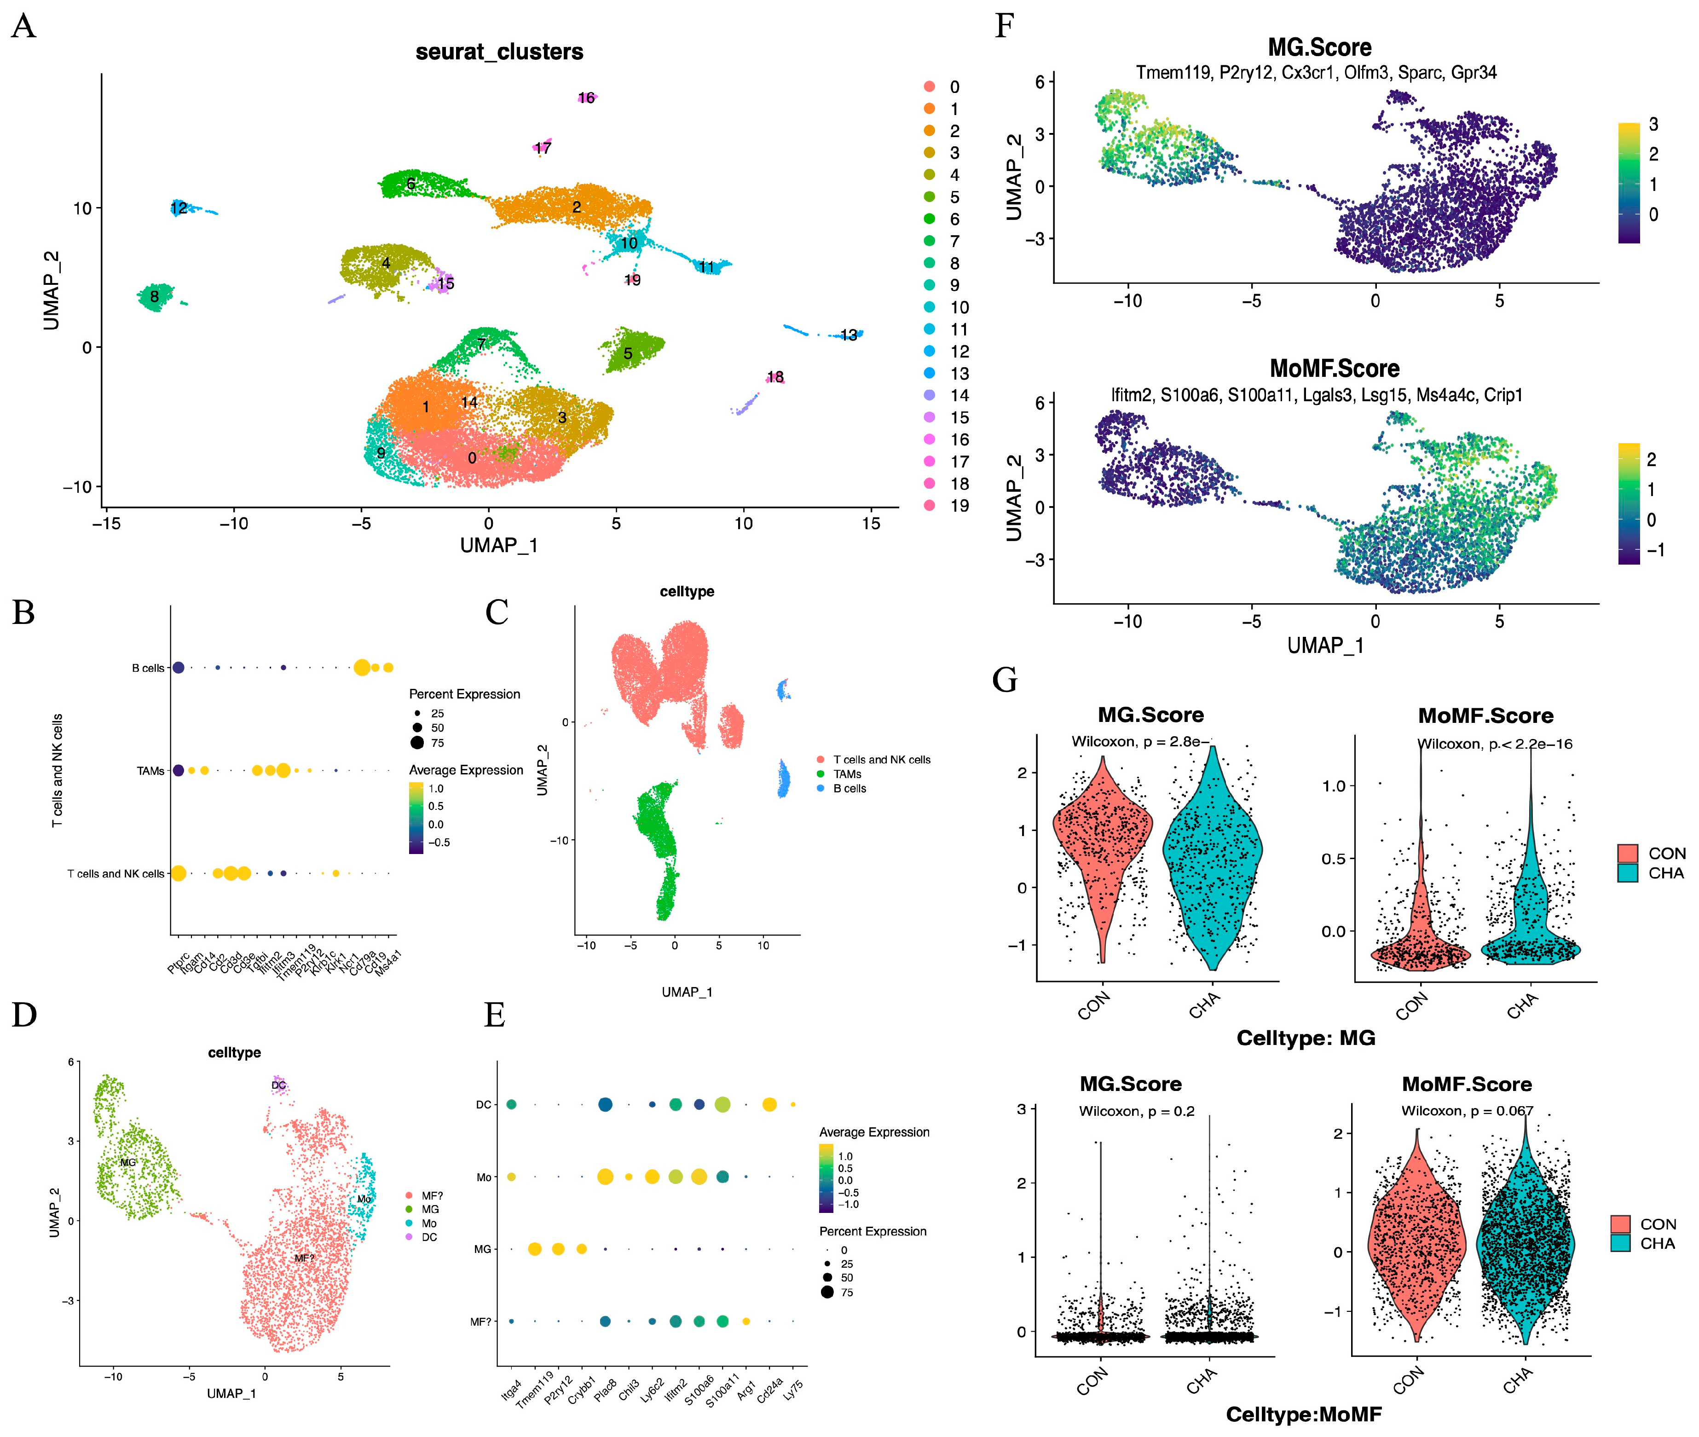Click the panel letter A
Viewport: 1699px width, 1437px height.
(x=23, y=27)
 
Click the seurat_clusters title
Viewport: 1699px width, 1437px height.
(x=499, y=52)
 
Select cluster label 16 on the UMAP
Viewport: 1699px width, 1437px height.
(x=586, y=98)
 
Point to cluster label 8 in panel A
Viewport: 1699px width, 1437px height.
(x=154, y=296)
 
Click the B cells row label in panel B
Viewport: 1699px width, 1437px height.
(x=148, y=668)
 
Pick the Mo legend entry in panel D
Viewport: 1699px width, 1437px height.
(x=428, y=1223)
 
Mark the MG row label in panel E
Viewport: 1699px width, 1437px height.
(x=482, y=1249)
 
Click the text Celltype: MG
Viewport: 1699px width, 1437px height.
(x=1306, y=1038)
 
